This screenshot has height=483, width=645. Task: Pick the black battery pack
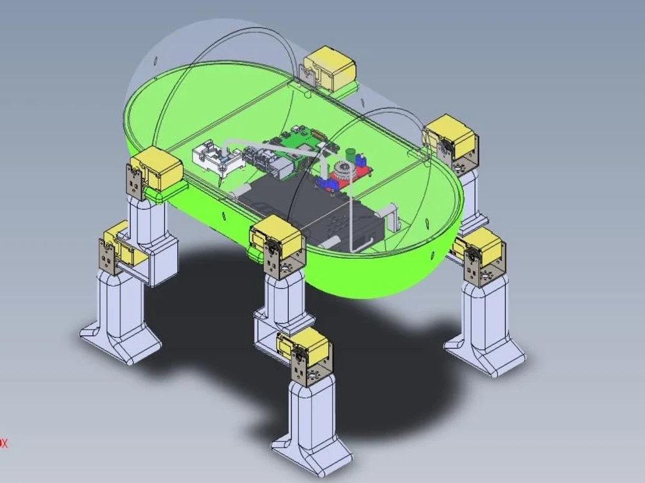click(x=303, y=206)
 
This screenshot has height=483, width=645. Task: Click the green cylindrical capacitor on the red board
click(x=351, y=155)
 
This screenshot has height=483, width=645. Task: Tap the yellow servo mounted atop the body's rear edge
click(x=329, y=68)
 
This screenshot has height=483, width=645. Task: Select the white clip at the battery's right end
click(x=390, y=216)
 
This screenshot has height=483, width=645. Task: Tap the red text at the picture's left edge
click(x=3, y=443)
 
